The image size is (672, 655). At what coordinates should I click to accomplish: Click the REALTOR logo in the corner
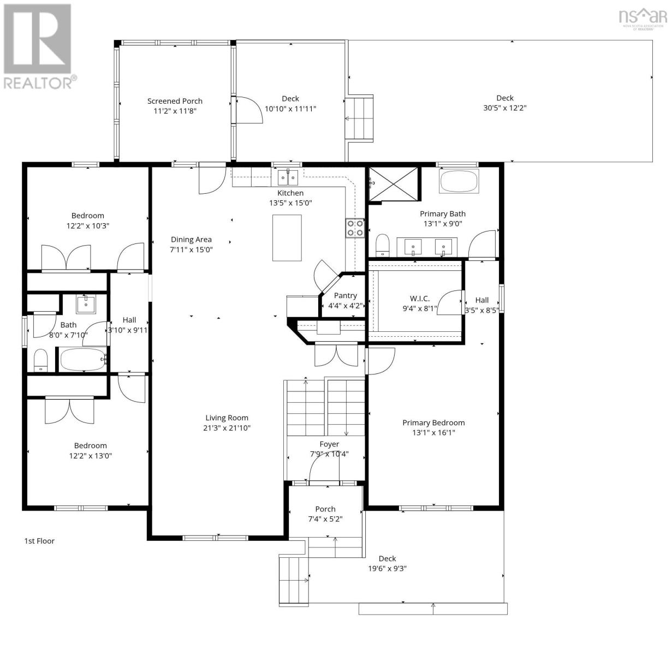point(38,46)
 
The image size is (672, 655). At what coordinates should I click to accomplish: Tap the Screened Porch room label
point(175,101)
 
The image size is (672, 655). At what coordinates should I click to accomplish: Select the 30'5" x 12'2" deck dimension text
point(504,108)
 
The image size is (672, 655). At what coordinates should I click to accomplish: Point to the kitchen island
point(287,238)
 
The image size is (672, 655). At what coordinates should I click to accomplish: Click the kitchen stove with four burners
point(354,228)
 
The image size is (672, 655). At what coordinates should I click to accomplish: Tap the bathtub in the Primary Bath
point(459,181)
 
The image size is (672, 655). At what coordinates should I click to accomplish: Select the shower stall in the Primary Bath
point(394,184)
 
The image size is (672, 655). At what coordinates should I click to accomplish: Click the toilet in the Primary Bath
point(382,245)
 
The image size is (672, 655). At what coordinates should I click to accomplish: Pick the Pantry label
point(345,296)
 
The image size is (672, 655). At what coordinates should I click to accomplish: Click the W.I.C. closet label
point(419,299)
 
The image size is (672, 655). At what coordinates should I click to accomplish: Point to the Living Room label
point(227,418)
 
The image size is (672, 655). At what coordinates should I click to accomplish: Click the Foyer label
point(329,444)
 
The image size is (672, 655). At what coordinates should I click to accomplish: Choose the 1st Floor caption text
point(39,541)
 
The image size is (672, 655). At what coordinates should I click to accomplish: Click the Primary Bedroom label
point(433,422)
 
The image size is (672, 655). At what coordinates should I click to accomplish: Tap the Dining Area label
point(191,240)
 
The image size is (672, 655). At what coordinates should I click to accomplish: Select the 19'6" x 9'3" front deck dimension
point(387,568)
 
